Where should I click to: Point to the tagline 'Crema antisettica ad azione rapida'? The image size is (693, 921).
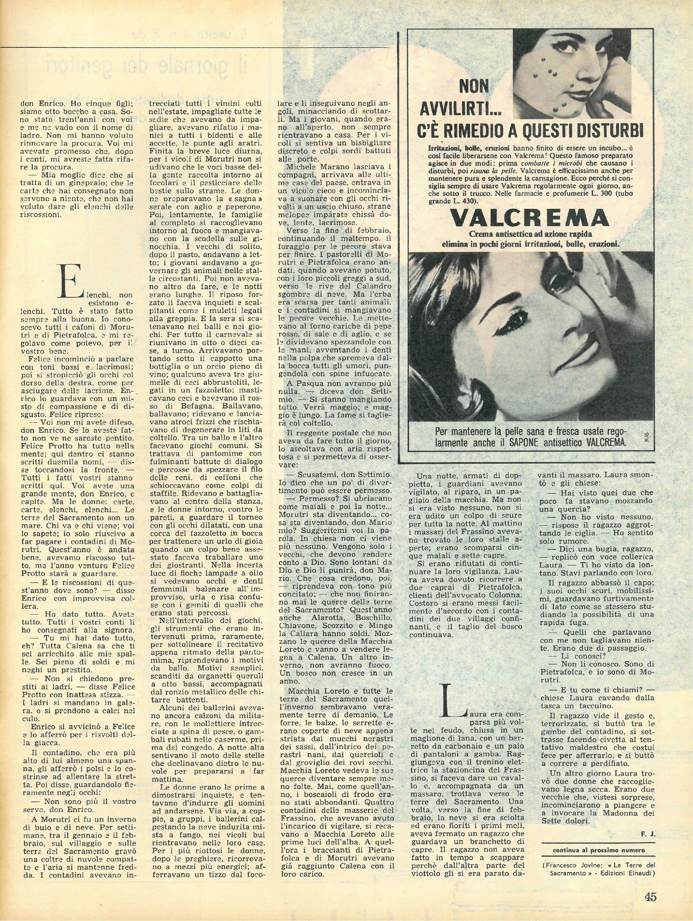[x=526, y=234]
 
